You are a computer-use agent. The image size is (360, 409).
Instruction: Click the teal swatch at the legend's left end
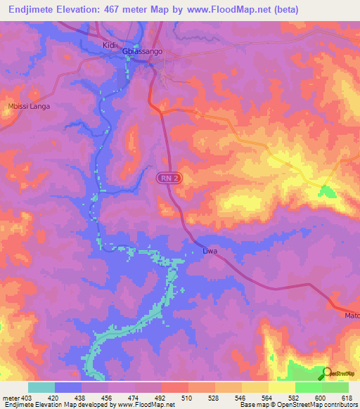pos(41,387)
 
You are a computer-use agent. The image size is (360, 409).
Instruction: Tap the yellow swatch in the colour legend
pos(281,387)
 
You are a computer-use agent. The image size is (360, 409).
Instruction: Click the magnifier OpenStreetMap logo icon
pos(326,373)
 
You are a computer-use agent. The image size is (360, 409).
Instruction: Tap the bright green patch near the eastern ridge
pos(326,191)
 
